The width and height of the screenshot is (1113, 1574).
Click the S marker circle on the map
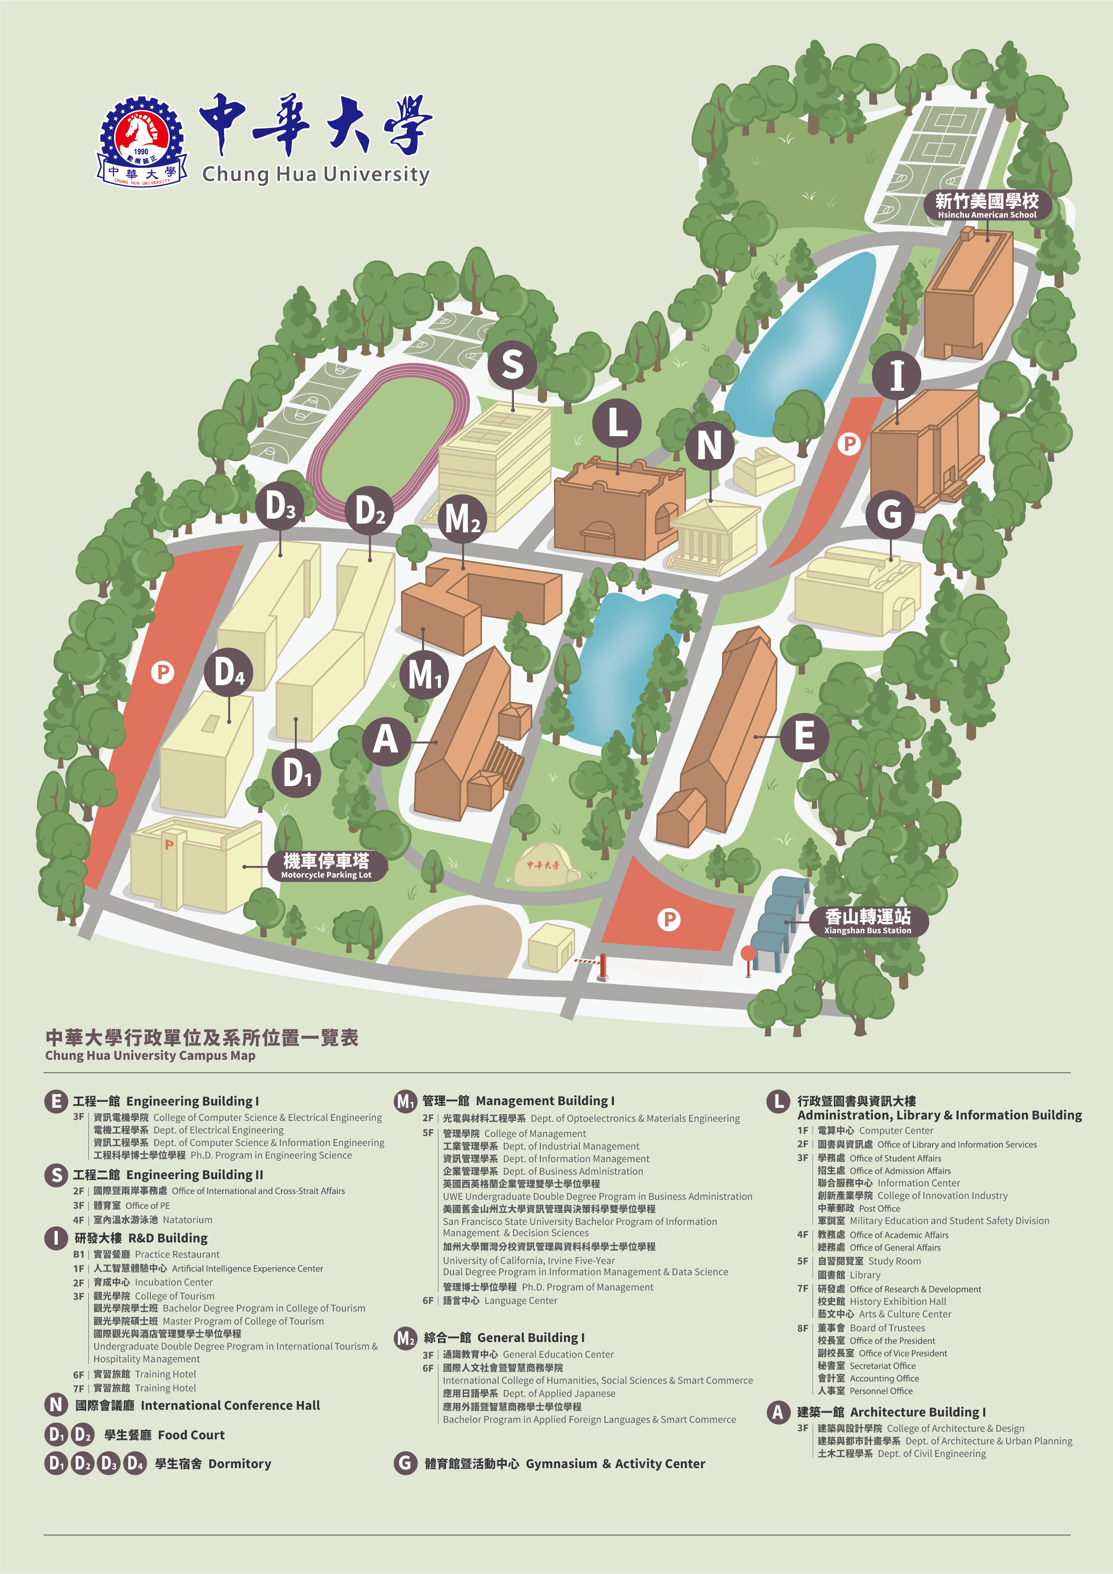512,364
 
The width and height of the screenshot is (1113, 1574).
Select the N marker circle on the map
710,446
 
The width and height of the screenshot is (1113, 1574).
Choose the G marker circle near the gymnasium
890,513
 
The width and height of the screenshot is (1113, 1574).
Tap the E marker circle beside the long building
804,736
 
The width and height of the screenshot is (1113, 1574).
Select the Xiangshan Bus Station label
868,921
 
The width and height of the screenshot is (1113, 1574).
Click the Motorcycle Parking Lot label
326,865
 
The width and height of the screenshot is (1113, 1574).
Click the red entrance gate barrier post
603,966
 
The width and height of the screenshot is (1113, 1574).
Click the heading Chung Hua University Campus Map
150,1056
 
